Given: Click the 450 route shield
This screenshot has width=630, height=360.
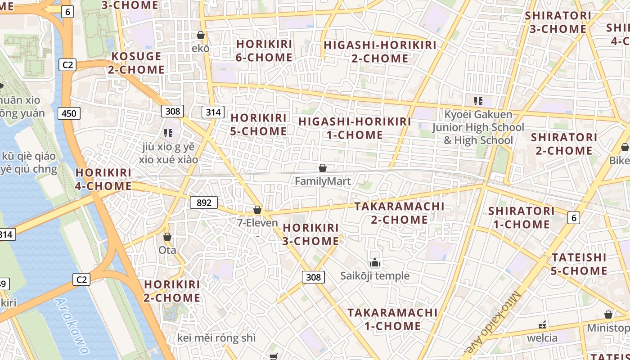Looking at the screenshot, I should click(69, 113).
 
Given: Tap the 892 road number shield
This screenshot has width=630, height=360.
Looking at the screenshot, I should click(204, 202).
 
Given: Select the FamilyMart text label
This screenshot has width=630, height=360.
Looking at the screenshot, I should click(323, 181).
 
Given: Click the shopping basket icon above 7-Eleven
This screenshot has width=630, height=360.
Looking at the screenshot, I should click(257, 210).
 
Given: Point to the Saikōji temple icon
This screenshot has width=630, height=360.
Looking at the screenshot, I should click(374, 262).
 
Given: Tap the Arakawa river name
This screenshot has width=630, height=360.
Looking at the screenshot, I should click(72, 326).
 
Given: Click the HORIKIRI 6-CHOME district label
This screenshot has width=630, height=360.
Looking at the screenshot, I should click(264, 50).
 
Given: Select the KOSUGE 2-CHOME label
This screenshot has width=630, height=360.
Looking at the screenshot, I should click(136, 63).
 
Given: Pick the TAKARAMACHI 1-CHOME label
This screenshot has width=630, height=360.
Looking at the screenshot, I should click(392, 319).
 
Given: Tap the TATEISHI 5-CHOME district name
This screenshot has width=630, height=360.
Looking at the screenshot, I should click(579, 264).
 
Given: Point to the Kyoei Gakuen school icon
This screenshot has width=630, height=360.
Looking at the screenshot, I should click(478, 101).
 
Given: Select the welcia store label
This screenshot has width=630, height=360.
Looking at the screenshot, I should click(542, 338).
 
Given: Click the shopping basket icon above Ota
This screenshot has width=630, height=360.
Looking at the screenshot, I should click(167, 237).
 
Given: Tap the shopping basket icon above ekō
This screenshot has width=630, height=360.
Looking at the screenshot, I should click(201, 35).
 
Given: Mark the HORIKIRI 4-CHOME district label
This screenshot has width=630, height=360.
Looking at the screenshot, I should click(103, 179).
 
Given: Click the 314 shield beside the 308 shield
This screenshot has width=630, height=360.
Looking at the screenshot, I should click(213, 112).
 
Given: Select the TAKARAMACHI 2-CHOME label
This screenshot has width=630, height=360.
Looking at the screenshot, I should click(399, 213).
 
